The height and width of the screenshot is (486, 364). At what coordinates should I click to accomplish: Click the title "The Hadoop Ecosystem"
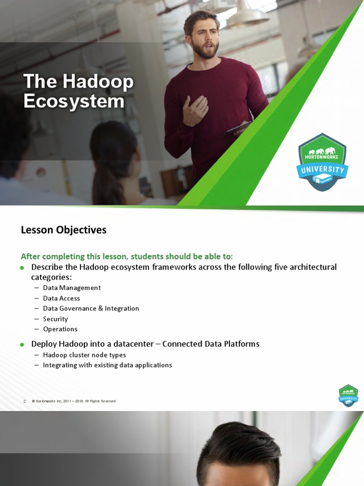click(79, 92)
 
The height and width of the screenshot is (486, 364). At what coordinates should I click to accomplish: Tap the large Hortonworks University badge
click(322, 162)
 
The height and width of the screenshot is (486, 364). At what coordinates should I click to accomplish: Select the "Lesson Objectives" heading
click(64, 230)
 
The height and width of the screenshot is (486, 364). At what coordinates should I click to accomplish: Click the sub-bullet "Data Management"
click(72, 288)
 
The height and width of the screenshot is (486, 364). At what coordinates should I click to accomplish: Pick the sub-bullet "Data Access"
click(62, 298)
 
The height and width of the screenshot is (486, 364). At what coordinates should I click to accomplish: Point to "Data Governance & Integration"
click(91, 308)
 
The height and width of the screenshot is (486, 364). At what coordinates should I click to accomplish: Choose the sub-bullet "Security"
click(55, 319)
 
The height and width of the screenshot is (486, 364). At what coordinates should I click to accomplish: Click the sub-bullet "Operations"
click(60, 329)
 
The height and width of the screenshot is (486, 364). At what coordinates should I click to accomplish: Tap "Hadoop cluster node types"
click(84, 355)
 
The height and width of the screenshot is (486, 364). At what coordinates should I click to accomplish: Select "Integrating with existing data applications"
click(107, 365)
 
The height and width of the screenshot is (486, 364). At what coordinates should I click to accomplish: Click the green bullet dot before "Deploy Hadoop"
click(22, 344)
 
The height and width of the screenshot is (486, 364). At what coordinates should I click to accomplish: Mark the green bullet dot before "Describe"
click(22, 268)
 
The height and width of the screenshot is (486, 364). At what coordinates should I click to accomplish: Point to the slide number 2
click(24, 402)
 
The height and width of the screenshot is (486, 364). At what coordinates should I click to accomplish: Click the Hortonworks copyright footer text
click(73, 402)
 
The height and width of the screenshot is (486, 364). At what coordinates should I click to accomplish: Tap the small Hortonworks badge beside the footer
click(348, 395)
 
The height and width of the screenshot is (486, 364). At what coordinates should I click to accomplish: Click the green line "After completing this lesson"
click(127, 256)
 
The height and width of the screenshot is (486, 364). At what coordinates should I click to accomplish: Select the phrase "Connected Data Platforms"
click(211, 344)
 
